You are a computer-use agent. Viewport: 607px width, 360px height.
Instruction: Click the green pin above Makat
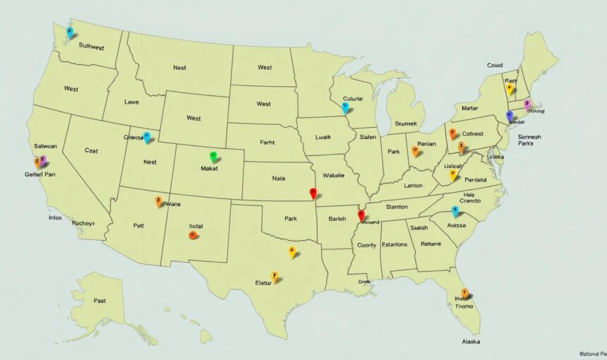pos(213,157)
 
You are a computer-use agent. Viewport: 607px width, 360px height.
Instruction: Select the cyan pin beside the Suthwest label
pos(69,32)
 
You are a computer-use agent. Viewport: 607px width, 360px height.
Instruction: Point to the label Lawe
pos(131,102)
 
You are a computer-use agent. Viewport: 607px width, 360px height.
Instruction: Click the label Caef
pos(91,150)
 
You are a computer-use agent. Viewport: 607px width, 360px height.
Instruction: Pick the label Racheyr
pos(83,223)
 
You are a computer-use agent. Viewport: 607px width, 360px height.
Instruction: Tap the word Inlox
pos(55,218)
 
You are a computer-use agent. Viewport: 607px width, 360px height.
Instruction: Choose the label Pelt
pos(139,227)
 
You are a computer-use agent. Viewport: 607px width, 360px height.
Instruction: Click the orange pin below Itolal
pos(193,235)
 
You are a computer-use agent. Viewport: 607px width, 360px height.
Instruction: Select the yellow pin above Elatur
pos(275,277)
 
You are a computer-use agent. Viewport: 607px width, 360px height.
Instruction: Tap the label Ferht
pos(267,142)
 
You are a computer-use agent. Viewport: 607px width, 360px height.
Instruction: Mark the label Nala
pos(278,179)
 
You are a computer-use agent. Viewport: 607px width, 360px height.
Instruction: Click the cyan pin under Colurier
pos(345,107)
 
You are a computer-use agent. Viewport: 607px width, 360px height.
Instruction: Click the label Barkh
pos(337,219)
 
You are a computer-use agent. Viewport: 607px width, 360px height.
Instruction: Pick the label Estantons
pos(394,244)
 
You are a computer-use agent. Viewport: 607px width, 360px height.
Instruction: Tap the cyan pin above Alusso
pos(455,210)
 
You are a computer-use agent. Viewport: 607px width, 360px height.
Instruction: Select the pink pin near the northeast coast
pos(527,105)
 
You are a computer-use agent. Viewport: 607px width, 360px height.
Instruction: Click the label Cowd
pos(495,65)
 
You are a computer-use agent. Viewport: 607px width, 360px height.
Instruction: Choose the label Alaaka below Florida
pos(471,342)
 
